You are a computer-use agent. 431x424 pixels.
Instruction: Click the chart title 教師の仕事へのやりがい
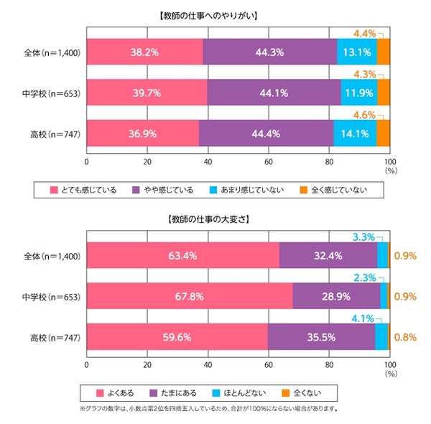click(215, 14)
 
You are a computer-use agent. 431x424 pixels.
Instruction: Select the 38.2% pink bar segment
click(144, 52)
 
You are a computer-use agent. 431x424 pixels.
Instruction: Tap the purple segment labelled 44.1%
click(274, 92)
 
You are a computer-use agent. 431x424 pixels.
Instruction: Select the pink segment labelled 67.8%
click(190, 295)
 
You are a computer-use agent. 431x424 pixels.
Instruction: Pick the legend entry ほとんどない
click(259, 392)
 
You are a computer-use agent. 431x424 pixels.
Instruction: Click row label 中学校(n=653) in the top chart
click(50, 92)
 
